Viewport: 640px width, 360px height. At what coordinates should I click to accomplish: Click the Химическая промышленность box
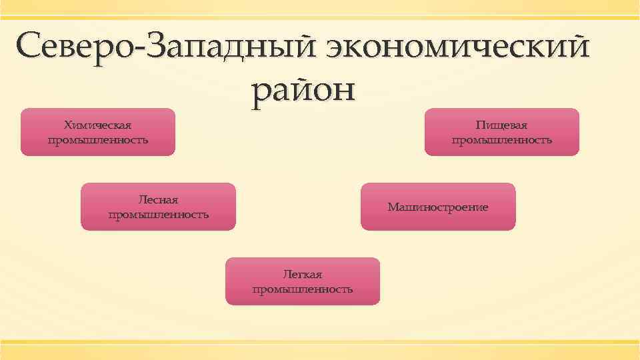pos(98,132)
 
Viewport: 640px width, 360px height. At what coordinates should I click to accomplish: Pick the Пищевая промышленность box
pos(502,132)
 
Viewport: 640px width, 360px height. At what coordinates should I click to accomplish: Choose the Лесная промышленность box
pos(158,207)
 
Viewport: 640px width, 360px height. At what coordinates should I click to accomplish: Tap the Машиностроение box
pos(438,207)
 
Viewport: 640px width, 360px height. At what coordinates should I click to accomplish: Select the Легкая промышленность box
pos(303,281)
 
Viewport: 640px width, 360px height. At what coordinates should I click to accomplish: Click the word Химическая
pos(98,125)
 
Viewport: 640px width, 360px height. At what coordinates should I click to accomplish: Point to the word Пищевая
pos(502,125)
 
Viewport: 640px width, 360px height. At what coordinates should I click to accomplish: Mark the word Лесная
pos(158,199)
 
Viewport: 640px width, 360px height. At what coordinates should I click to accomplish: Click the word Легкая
pos(303,274)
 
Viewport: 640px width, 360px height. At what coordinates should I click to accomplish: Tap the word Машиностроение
pos(438,207)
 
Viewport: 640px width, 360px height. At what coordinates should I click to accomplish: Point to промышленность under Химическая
pos(98,140)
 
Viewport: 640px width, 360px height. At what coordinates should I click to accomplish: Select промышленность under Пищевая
pos(502,140)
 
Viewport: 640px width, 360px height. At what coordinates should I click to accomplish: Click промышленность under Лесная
pos(158,215)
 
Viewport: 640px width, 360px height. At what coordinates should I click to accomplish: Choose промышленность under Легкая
pos(303,289)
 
